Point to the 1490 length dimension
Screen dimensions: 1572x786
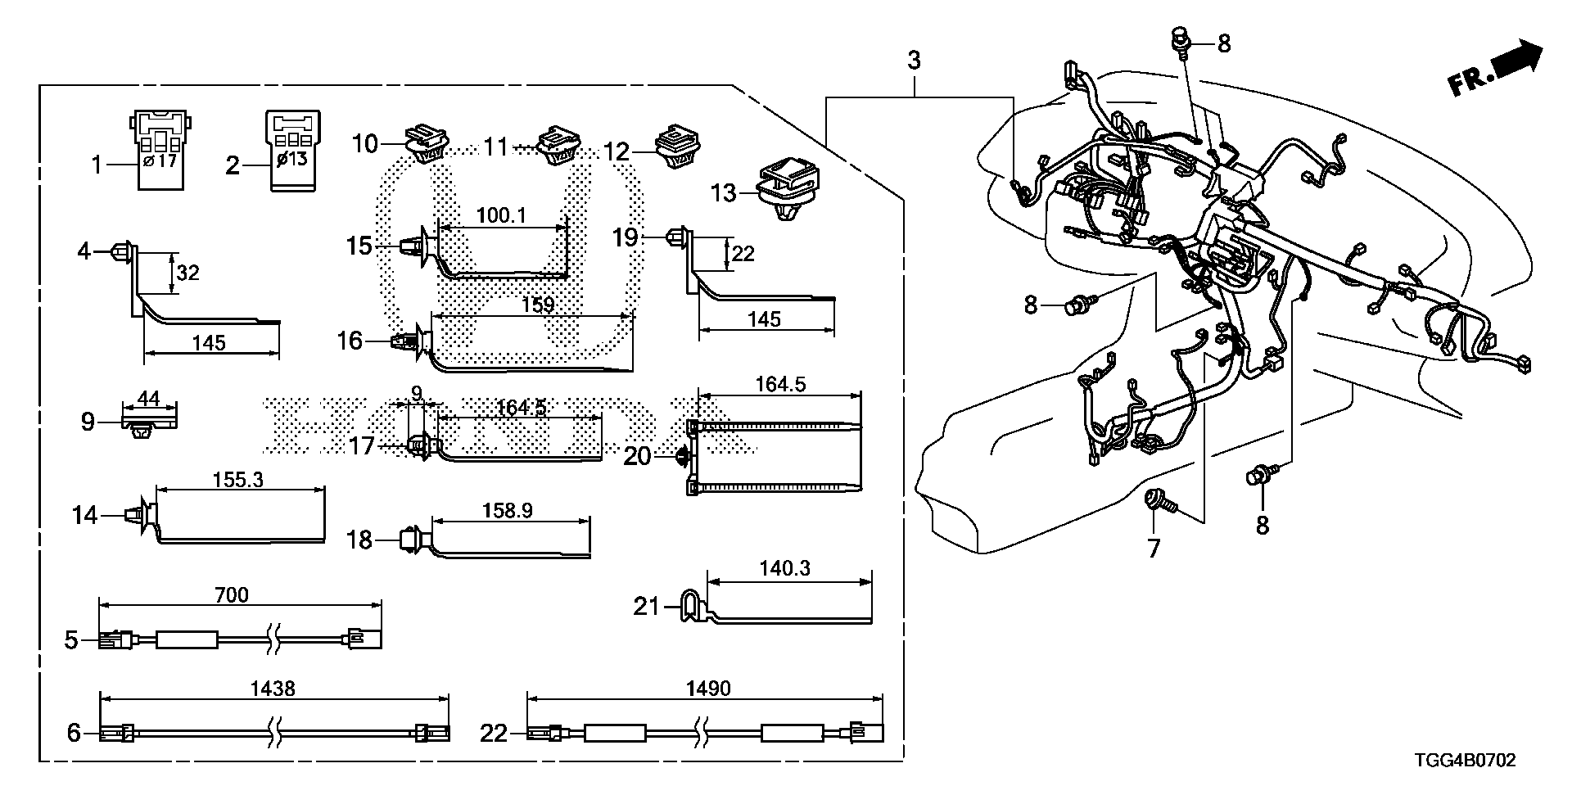pos(709,689)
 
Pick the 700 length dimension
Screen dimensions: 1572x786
pos(231,594)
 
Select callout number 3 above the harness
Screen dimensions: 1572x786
pos(914,60)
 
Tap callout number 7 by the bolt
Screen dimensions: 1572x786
pos(1154,548)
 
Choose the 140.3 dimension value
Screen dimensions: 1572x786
pos(785,567)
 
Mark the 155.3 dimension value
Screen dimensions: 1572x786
pos(237,480)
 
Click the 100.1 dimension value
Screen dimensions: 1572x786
pos(500,216)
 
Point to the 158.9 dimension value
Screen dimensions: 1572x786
pos(508,511)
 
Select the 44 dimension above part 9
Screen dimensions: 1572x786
pos(148,399)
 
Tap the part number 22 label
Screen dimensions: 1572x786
pos(494,734)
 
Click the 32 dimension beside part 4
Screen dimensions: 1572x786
pos(188,273)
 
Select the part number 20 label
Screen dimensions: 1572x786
pos(637,456)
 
